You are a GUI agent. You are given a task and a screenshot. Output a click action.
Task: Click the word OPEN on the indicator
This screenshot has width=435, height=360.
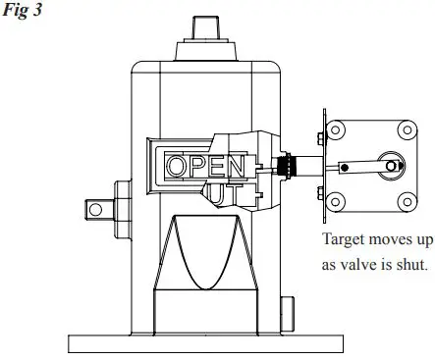pos(204,165)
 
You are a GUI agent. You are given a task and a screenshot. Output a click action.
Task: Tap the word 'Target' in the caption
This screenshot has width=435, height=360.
pos(343,238)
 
